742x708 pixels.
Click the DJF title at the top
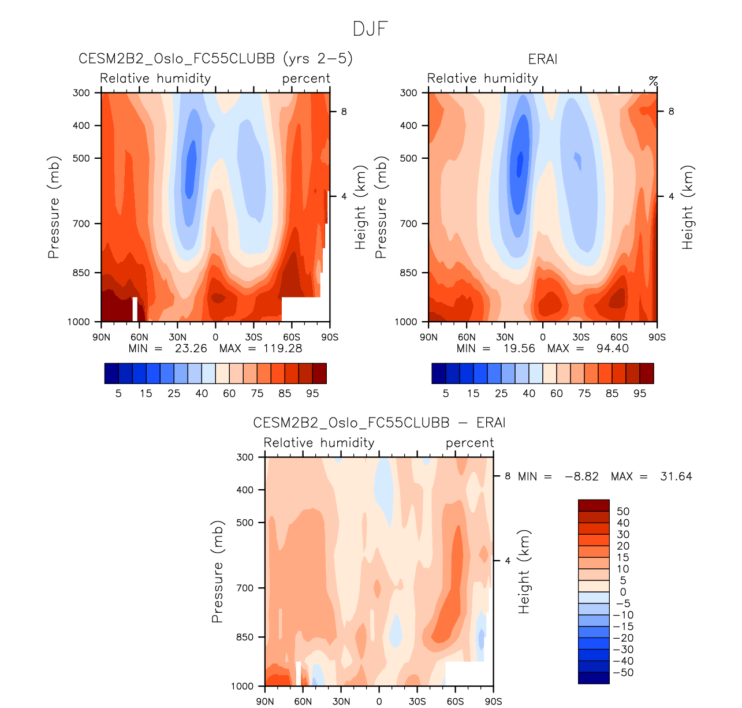point(370,29)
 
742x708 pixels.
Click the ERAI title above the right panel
point(543,59)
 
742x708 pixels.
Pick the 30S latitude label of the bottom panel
point(417,702)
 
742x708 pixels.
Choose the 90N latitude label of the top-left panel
point(101,337)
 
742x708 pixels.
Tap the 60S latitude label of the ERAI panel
point(618,337)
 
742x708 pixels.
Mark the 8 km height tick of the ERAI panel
point(671,111)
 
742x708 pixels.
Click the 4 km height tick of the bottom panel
point(508,561)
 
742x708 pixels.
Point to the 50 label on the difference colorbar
point(623,512)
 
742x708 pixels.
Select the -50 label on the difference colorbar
point(623,673)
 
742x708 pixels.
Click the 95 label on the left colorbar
point(312,394)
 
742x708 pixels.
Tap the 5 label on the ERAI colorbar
point(446,394)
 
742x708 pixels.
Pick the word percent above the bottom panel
point(469,443)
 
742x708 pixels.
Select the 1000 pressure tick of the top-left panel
point(79,322)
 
